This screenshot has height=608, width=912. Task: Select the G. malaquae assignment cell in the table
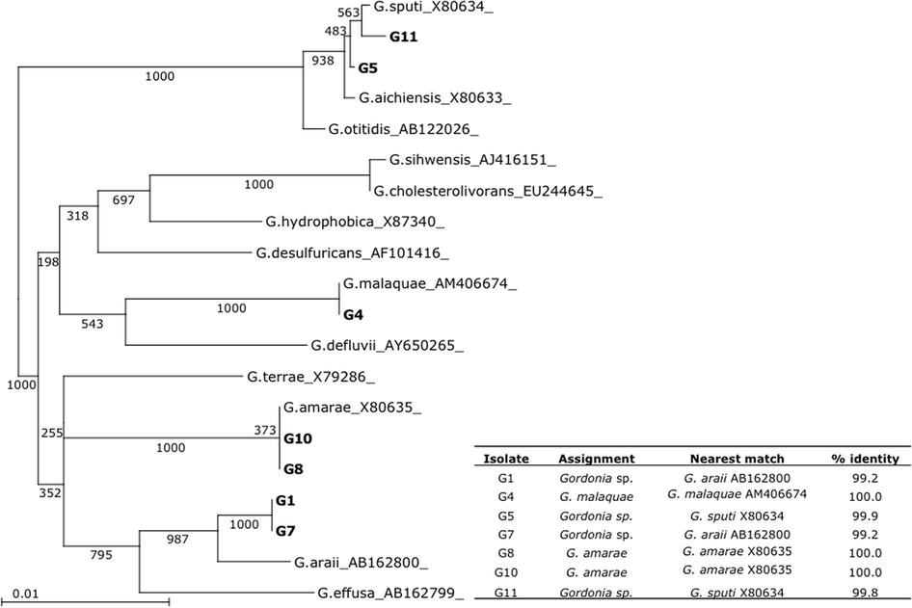[597, 494]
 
